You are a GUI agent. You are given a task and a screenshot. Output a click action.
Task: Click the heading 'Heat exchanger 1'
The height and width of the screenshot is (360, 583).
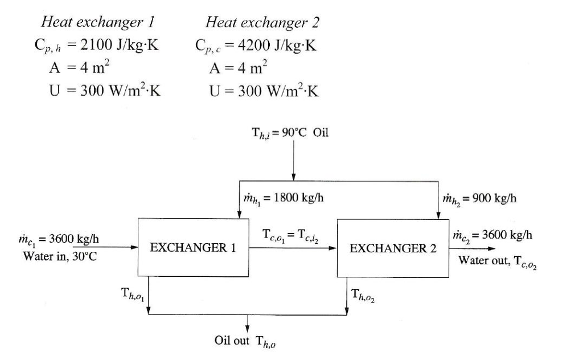coord(99,22)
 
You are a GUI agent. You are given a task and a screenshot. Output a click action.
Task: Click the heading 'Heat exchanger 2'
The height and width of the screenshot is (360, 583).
coord(262,22)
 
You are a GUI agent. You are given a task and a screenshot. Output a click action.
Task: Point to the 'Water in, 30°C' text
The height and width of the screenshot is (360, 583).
coord(60,256)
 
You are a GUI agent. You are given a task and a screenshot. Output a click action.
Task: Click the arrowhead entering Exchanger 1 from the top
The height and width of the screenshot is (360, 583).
coord(239,214)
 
